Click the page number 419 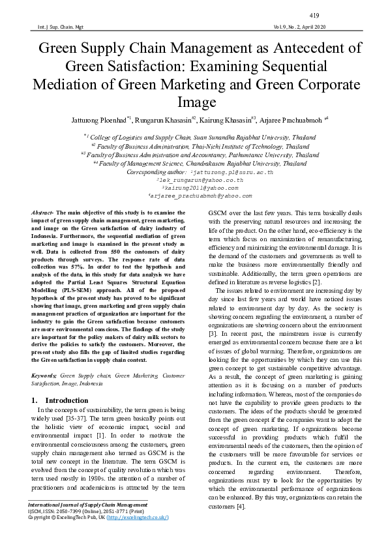coord(314,15)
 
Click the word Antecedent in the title coord(296,49)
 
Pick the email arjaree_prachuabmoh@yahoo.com coord(200,196)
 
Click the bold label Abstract coord(42,213)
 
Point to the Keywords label coord(44,376)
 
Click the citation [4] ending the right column coord(241,507)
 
